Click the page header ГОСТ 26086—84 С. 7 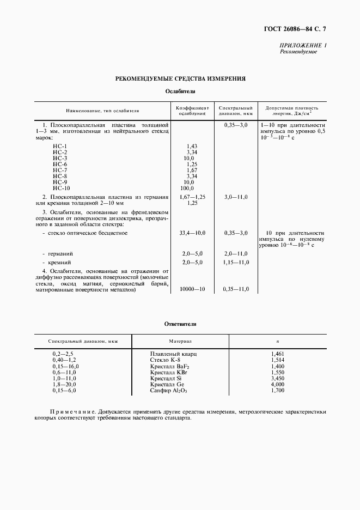click(x=304, y=28)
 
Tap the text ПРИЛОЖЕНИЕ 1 click(x=303, y=46)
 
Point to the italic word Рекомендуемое click(x=298, y=52)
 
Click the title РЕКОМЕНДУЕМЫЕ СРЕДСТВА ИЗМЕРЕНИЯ click(x=180, y=78)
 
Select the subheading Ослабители click(x=180, y=92)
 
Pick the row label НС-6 click(x=60, y=164)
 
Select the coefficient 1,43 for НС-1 click(x=191, y=146)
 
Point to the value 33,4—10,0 click(x=192, y=233)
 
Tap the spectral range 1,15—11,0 click(x=236, y=262)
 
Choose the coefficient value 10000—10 click(x=192, y=289)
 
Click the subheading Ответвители click(x=180, y=324)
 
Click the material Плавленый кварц click(x=174, y=354)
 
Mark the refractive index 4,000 click(x=277, y=385)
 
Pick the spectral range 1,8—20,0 click(x=65, y=385)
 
